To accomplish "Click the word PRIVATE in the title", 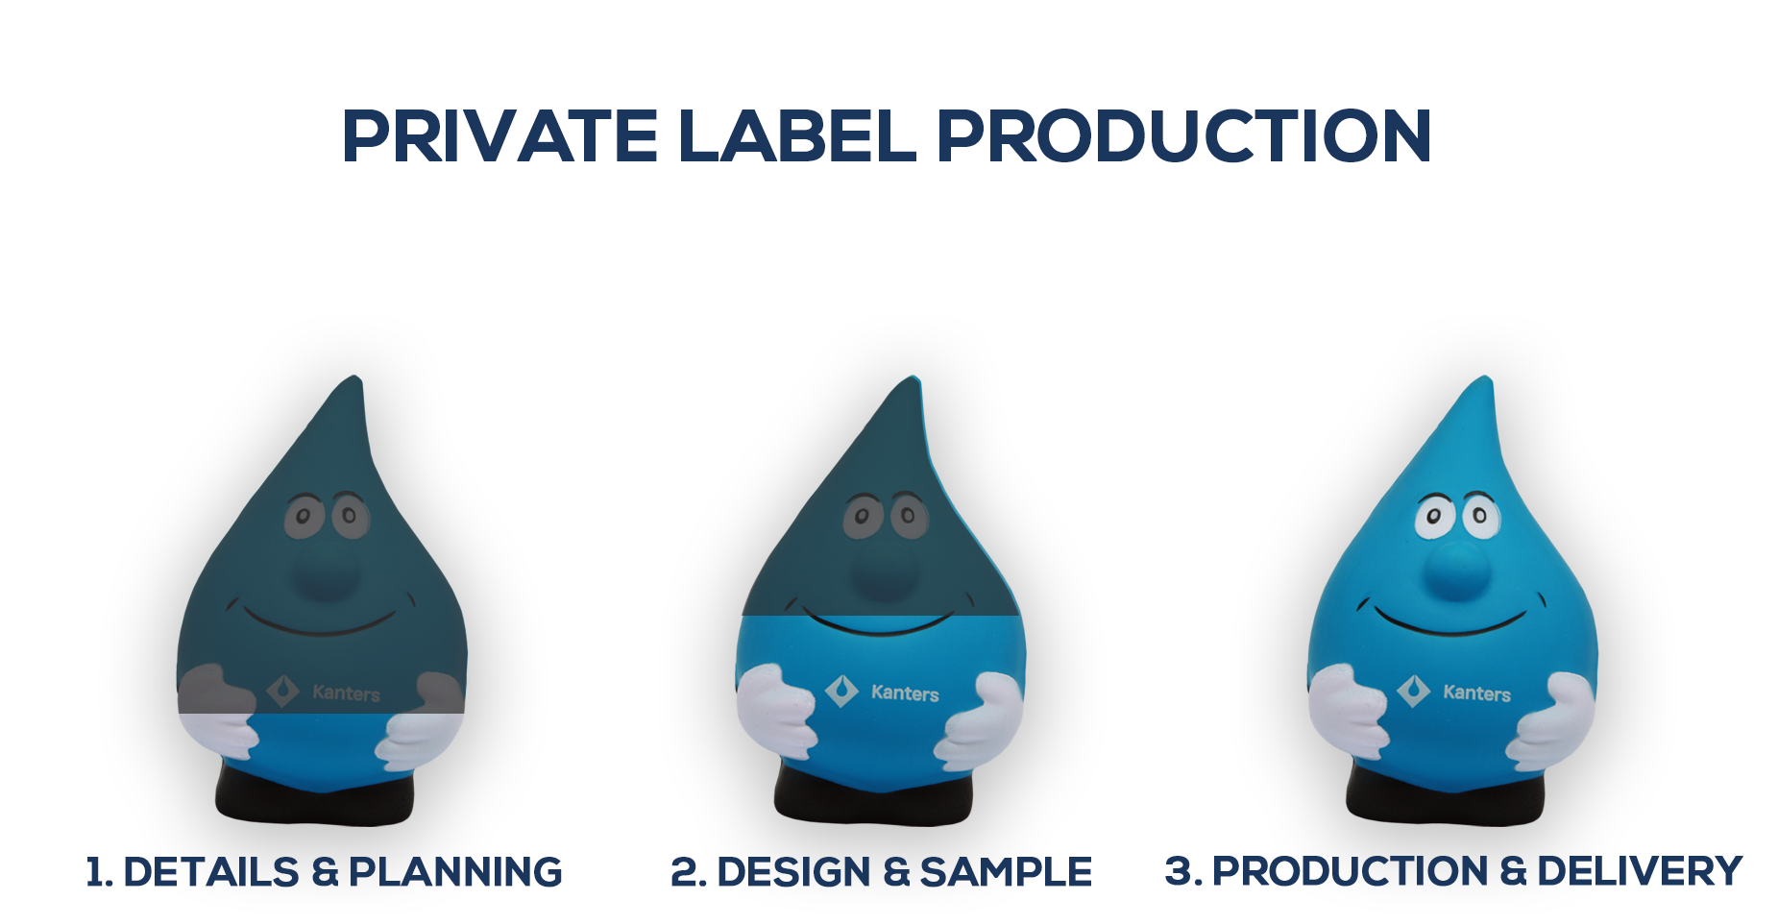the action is [x=499, y=135].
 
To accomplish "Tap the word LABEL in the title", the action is [x=797, y=135].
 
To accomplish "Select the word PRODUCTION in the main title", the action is [x=1184, y=135].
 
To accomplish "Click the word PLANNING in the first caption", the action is [x=455, y=872].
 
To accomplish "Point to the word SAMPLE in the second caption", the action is [x=1006, y=872].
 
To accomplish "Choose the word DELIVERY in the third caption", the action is [x=1640, y=871].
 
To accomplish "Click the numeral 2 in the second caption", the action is [x=685, y=872].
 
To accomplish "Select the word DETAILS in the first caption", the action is [x=211, y=872].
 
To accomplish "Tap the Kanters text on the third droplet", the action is [x=1476, y=693].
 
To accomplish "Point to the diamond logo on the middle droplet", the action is [x=841, y=691].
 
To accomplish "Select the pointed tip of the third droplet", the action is [x=1485, y=377].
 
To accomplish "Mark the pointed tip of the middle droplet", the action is [x=914, y=377].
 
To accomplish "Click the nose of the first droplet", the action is [x=326, y=567].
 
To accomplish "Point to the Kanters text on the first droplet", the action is [x=346, y=693].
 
